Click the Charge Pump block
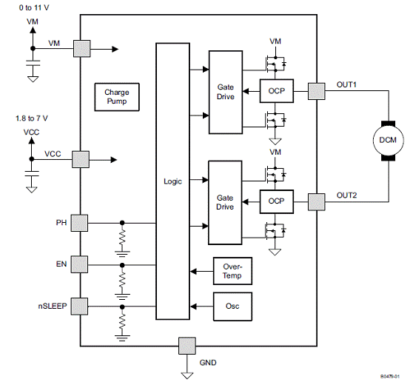coord(117,97)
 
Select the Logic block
coord(173,181)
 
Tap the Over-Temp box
coord(232,271)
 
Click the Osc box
coord(232,307)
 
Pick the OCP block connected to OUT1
coord(277,91)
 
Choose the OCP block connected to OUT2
coord(277,201)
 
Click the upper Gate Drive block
coord(226,93)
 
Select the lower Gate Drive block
coord(225,203)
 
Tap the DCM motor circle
coord(389,141)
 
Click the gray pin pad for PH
coord(79,223)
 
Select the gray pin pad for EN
coord(79,264)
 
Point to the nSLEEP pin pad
coord(79,307)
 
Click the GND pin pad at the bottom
coord(187,346)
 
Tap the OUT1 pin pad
coord(317,91)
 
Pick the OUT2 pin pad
coord(317,202)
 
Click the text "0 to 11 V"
coord(34,8)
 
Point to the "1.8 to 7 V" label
coord(32,118)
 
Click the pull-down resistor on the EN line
coord(122,280)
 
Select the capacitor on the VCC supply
coord(32,173)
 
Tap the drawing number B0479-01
coord(390,376)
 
